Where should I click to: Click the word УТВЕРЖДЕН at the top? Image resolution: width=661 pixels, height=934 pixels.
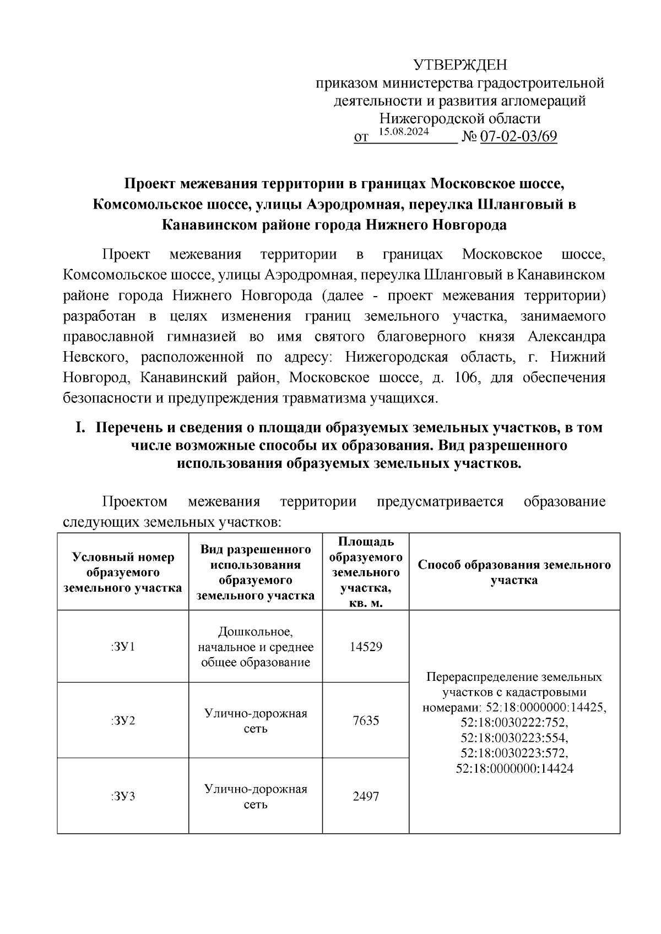point(460,65)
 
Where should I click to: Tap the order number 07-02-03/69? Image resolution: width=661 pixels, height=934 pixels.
point(518,136)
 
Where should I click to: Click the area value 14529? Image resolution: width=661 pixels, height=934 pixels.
point(366,647)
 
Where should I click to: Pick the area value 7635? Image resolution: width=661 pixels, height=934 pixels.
point(366,720)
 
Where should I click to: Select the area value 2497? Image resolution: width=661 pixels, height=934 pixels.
point(366,796)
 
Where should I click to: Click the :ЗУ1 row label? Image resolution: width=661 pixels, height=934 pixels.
point(123,647)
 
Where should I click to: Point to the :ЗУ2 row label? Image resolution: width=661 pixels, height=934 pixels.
point(123,720)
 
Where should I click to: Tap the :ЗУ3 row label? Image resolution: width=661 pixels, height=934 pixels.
point(123,796)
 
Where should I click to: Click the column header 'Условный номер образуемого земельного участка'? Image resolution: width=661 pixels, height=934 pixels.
point(123,572)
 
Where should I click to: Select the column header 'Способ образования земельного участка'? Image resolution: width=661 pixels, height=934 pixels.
point(514,572)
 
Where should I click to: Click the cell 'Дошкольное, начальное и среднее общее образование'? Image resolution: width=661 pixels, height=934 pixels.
point(256,647)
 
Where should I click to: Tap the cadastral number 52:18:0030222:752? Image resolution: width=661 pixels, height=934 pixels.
point(514,722)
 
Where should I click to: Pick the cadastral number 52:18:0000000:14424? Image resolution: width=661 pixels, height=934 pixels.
point(514,768)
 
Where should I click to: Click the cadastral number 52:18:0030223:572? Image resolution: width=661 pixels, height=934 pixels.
point(514,753)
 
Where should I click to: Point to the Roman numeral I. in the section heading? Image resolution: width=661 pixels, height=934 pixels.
point(81,428)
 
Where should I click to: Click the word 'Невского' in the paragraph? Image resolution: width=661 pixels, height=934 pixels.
point(96,358)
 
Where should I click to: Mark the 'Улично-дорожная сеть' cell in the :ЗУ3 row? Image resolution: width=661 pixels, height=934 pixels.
point(256,796)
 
